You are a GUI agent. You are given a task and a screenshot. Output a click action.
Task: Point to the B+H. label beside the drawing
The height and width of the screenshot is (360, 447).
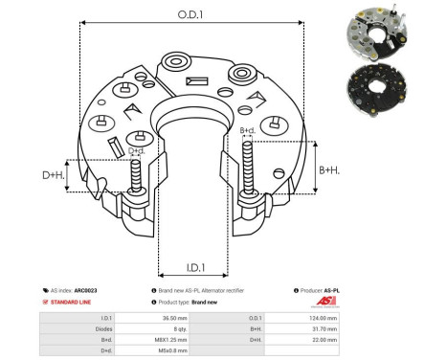pos(328,169)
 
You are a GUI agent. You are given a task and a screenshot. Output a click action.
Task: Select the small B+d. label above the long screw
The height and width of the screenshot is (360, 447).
pos(247,129)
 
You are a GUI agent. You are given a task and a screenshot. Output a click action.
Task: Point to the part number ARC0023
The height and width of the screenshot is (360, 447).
pos(85,289)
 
